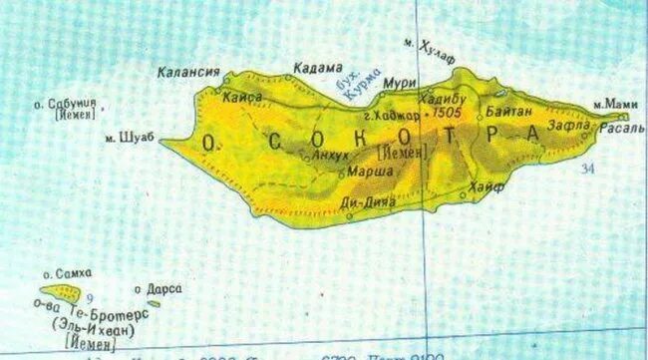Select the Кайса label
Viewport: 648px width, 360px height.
(x=243, y=97)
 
